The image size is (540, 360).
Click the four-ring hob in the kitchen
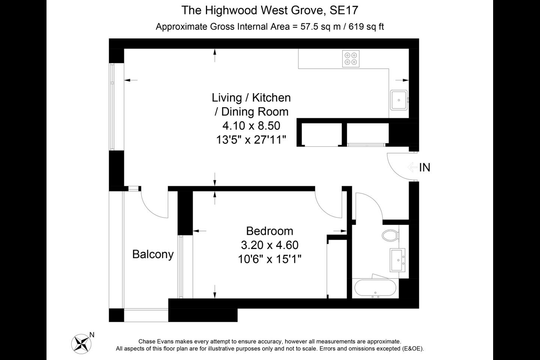coord(351,58)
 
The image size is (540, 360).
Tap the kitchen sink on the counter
coord(399,100)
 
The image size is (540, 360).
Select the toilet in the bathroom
coord(390,235)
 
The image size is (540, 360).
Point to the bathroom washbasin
coord(397,260)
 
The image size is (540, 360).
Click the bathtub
coord(375,288)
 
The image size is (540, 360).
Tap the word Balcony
coord(153,254)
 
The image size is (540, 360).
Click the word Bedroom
coord(270,231)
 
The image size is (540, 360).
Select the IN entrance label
coord(425,167)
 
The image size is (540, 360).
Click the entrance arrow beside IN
coord(412,167)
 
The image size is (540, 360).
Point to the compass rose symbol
coord(81,344)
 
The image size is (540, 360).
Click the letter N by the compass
coord(92,334)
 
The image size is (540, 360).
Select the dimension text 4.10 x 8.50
coord(251,126)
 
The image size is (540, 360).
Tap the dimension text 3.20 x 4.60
coord(270,245)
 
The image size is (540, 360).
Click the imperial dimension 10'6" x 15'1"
coord(270,259)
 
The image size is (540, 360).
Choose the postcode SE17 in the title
coord(344,10)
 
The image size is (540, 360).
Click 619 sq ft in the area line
coord(366,27)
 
